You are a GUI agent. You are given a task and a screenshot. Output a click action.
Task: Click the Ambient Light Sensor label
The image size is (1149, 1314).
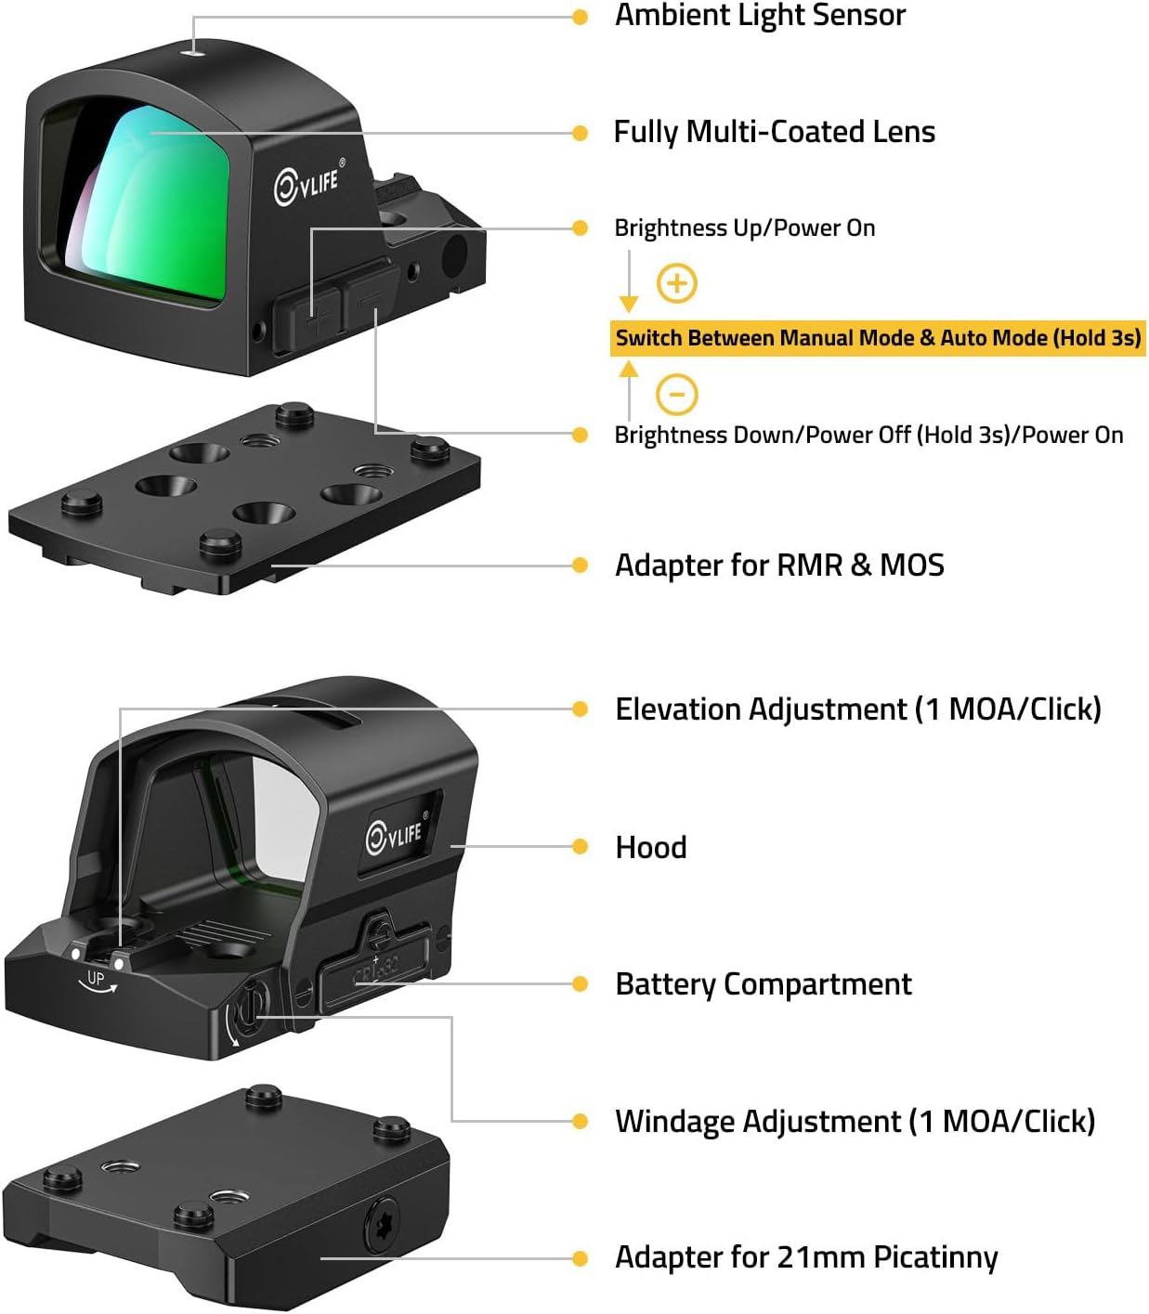pos(760,16)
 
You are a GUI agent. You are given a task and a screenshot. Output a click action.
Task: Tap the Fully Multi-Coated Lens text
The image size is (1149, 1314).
pos(774,132)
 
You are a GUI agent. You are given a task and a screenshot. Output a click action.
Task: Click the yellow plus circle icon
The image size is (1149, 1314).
pos(677,282)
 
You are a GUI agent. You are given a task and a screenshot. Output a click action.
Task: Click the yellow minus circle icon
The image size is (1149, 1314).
pos(677,394)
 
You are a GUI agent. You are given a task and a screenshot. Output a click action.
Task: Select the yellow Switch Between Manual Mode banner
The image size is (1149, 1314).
pos(878,337)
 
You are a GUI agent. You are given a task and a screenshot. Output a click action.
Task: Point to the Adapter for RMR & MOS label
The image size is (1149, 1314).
pos(779,565)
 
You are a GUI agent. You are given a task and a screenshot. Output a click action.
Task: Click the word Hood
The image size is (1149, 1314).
pos(651,847)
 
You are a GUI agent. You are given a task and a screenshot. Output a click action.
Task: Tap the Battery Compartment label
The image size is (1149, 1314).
pos(764,983)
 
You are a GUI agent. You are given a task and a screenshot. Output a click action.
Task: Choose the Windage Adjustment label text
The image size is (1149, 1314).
pos(855,1121)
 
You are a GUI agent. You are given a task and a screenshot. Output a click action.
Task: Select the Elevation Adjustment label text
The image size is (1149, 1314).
pos(857,709)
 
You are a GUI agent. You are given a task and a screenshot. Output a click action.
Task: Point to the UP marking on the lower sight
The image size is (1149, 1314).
pos(95,978)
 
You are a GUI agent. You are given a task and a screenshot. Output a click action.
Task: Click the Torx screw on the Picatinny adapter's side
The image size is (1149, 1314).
pos(382,1225)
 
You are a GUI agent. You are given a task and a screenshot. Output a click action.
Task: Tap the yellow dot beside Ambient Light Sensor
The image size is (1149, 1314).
pos(580,17)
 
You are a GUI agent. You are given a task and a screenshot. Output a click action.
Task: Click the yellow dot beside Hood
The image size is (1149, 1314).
pos(580,847)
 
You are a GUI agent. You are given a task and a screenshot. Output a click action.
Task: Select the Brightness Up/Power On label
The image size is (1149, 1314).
pos(744,228)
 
